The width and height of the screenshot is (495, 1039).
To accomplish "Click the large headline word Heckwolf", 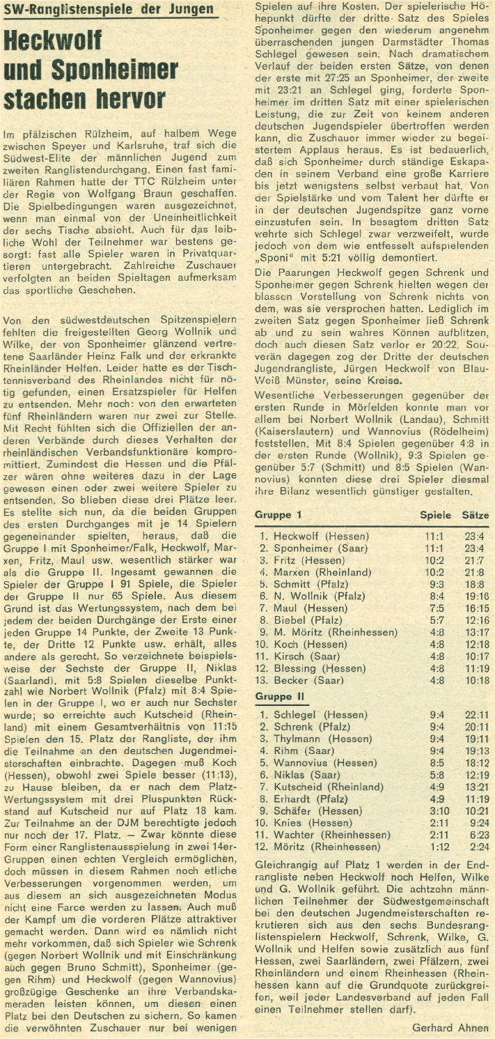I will pos(53,41).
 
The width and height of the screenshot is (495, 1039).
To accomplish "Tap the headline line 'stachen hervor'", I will pos(84,98).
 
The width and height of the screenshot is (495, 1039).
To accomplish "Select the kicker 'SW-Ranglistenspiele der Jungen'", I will pos(111,9).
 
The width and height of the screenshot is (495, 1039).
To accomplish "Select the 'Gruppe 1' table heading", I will pos(278,516).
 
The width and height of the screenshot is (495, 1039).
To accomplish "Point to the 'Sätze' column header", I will pos(476,516).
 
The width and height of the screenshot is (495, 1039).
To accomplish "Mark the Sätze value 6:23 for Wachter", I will pos(476,835).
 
